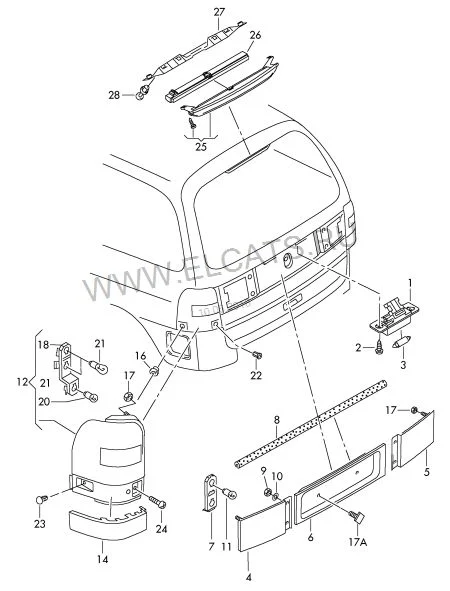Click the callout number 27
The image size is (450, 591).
[x=219, y=12]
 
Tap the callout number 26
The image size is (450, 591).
[x=255, y=35]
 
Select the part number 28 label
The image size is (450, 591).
[x=114, y=95]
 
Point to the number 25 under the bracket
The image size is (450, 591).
[x=201, y=147]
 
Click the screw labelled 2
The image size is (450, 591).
[x=378, y=349]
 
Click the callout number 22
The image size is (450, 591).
[x=256, y=375]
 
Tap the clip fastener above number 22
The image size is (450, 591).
[x=258, y=355]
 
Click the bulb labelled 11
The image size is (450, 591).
[x=230, y=493]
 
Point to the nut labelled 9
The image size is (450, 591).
[x=267, y=491]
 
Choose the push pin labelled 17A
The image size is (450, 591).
[x=358, y=517]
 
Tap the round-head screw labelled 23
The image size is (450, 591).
[x=41, y=499]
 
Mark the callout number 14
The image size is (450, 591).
[x=103, y=559]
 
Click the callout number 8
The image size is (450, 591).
[x=277, y=420]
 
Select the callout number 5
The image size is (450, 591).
[x=427, y=472]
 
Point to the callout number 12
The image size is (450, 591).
[x=23, y=382]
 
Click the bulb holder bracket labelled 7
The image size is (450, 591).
[x=210, y=493]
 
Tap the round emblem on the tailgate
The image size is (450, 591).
[x=288, y=260]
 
